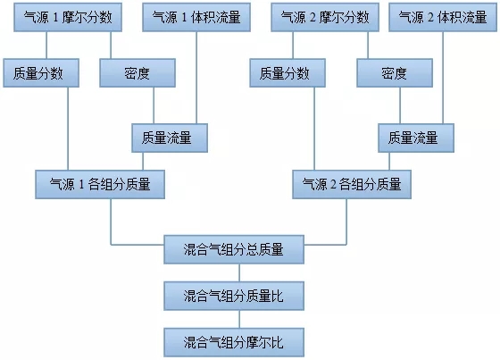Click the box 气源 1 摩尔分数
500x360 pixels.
coord(68,17)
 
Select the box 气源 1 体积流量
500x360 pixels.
coord(196,17)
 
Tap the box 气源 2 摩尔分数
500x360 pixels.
coord(325,17)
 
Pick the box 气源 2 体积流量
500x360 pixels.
coord(443,17)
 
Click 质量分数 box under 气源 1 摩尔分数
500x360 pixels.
coord(41,72)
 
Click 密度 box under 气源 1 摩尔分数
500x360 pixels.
coord(137,72)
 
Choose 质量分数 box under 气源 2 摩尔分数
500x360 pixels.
coord(287,72)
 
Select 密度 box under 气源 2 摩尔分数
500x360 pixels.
coord(395,72)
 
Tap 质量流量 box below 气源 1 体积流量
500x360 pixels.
coord(170,138)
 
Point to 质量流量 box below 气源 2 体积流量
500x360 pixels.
coord(416,138)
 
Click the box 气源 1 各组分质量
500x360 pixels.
coord(100,185)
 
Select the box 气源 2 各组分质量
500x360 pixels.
coord(352,185)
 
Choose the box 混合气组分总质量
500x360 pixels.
coord(234,249)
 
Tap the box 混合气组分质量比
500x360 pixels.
coord(234,296)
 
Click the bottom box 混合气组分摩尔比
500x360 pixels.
coord(234,342)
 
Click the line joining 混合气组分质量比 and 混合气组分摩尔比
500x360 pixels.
coord(239,319)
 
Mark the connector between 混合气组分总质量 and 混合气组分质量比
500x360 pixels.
coord(239,272)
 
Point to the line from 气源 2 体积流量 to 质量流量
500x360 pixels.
coord(443,78)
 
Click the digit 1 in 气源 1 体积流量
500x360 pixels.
coord(184,18)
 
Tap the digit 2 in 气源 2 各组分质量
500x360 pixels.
coord(333,185)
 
